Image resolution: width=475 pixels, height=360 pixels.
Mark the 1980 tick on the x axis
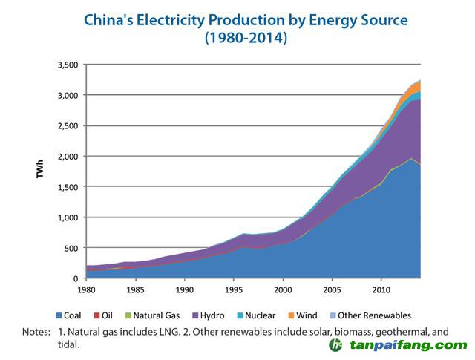[x=88, y=289]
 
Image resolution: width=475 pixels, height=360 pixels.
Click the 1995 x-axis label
[x=234, y=289]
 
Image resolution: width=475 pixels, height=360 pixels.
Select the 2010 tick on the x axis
[x=381, y=289]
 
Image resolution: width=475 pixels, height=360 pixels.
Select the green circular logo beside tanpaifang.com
[x=336, y=345]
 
